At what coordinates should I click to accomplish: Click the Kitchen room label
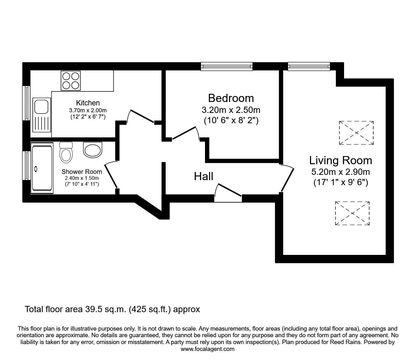(x=88, y=103)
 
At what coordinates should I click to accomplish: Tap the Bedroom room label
(x=231, y=98)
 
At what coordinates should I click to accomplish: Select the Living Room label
(x=341, y=160)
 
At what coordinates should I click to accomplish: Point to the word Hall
(x=203, y=176)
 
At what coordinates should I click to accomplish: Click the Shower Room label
(x=82, y=171)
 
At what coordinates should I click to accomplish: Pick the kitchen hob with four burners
(x=71, y=80)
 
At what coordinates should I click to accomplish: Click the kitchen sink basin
(x=41, y=107)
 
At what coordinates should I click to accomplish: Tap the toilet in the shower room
(x=66, y=153)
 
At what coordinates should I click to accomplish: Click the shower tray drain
(x=36, y=169)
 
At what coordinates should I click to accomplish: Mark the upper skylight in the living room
(x=356, y=133)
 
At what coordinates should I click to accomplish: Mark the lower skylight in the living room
(x=352, y=213)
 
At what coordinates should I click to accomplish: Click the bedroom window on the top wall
(x=226, y=66)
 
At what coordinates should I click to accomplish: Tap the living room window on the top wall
(x=308, y=66)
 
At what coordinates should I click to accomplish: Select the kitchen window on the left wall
(x=27, y=103)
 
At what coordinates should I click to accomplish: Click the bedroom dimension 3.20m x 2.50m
(x=231, y=110)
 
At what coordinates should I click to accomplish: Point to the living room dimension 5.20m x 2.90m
(x=341, y=172)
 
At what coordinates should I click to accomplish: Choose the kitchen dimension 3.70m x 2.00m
(x=88, y=110)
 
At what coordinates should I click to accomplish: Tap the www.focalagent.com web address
(x=207, y=349)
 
